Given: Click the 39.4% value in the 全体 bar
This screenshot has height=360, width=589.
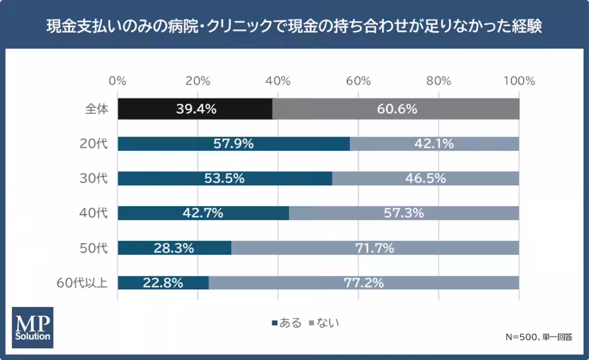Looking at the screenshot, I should click(x=196, y=109).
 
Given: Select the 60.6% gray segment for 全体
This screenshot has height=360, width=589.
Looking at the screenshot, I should click(x=397, y=109).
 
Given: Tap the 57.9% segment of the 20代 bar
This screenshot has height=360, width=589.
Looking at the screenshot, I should click(x=234, y=144).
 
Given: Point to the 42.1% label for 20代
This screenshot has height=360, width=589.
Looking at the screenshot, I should click(x=433, y=144).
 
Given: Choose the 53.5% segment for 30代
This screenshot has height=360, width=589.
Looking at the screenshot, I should click(x=224, y=179).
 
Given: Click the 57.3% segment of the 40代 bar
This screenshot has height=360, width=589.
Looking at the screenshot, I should click(x=404, y=213).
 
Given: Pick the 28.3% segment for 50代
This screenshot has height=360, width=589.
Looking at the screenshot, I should click(x=174, y=248).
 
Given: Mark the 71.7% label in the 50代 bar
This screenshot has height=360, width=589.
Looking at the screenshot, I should click(x=374, y=248).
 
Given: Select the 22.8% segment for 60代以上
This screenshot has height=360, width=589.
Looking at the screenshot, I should click(x=163, y=283).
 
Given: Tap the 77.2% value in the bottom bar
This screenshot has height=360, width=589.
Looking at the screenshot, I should click(x=363, y=283).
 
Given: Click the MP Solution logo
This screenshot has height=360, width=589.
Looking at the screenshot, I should click(x=32, y=327).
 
